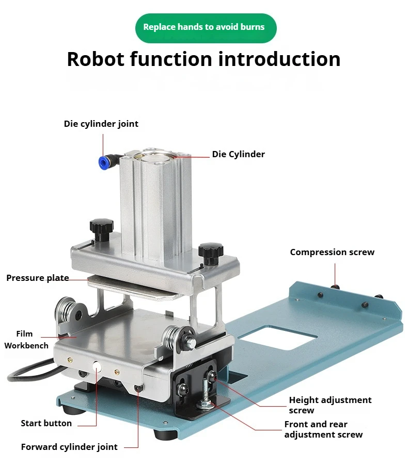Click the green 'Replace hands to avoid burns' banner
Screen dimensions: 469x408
pyautogui.click(x=206, y=27)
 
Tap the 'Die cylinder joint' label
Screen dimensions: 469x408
pyautogui.click(x=101, y=124)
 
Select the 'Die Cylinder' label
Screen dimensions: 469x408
pyautogui.click(x=238, y=154)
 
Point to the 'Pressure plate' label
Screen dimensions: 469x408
pyautogui.click(x=38, y=278)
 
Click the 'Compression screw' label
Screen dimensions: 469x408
pyautogui.click(x=332, y=252)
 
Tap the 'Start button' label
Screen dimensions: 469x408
pyautogui.click(x=46, y=423)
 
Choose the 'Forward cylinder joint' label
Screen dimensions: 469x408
pyautogui.click(x=69, y=447)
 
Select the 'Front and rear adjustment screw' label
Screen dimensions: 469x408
pyautogui.click(x=323, y=429)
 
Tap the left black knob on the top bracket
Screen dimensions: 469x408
pyautogui.click(x=101, y=227)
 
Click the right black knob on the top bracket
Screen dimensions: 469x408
pyautogui.click(x=211, y=251)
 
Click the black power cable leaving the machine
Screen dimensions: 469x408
pyautogui.click(x=31, y=368)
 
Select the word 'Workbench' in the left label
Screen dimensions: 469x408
pyautogui.click(x=26, y=346)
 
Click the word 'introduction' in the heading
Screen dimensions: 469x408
pyautogui.click(x=279, y=59)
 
